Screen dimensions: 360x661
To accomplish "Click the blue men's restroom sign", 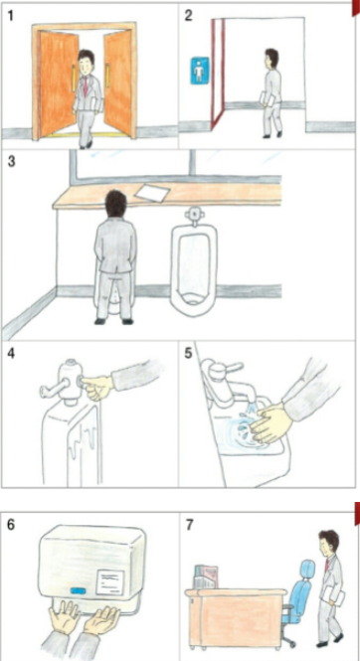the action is click(199, 71).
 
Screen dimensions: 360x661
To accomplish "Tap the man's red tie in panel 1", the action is click(86, 86).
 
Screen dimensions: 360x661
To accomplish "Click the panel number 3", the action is click(11, 161).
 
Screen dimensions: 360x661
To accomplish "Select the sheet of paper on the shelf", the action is click(152, 193).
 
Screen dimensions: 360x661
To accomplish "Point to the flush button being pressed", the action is click(81, 383).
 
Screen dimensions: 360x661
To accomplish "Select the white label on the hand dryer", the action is click(110, 581).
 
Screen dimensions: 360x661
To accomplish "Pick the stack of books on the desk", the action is click(205, 577).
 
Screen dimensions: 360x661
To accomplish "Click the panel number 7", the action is click(190, 525).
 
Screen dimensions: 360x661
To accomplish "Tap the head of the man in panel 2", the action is click(271, 59).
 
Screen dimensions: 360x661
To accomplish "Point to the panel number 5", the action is click(188, 353).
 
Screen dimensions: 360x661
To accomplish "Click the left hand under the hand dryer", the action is click(64, 617).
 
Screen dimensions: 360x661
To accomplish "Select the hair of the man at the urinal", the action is click(116, 204).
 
